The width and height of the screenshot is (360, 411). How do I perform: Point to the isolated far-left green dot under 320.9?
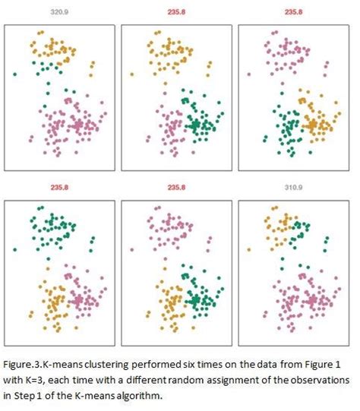point(15,74)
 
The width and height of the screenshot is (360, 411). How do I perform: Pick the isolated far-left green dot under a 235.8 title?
point(15,248)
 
